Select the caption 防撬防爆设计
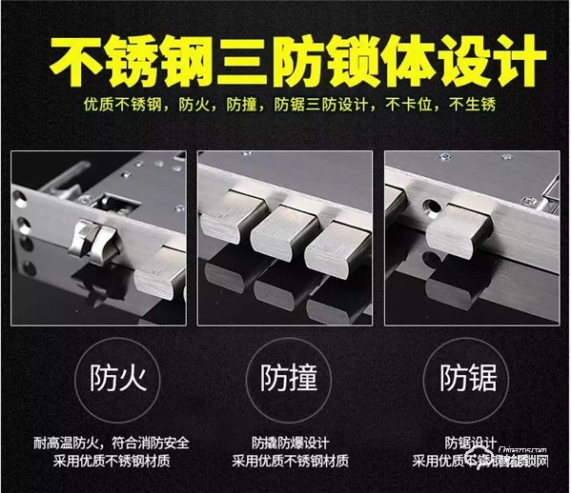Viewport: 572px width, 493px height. pyautogui.click(x=286, y=444)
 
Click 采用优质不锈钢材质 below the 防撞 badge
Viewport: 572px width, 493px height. pyautogui.click(x=286, y=462)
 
